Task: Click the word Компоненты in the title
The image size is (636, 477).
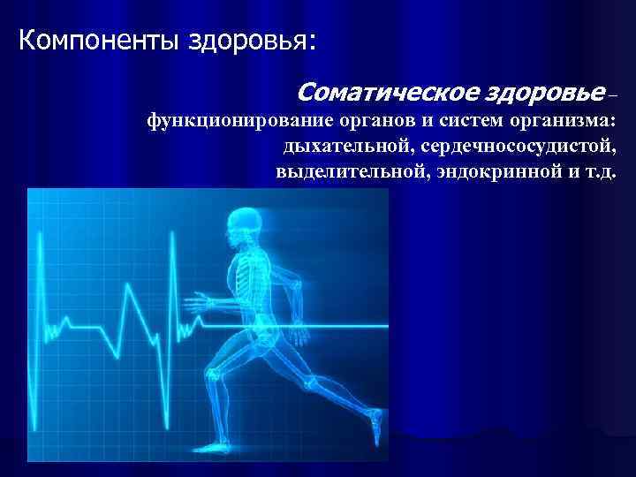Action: (x=98, y=41)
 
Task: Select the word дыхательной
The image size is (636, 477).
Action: (x=339, y=146)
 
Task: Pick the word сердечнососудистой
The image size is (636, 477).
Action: (x=512, y=146)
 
